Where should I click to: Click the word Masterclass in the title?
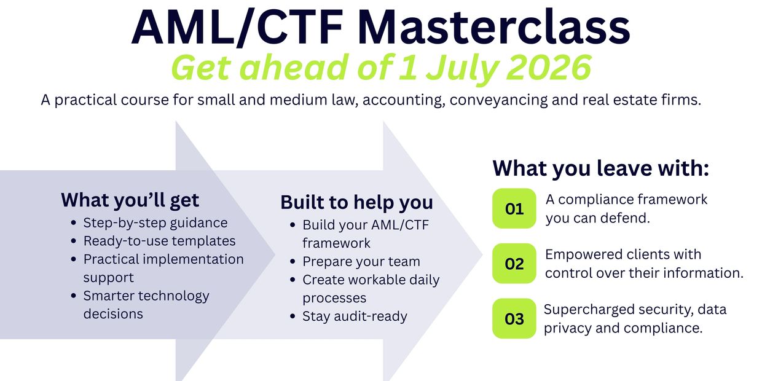pyautogui.click(x=493, y=27)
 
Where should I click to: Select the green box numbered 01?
pyautogui.click(x=514, y=208)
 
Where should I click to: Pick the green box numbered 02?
pyautogui.click(x=514, y=263)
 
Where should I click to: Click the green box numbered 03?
pyautogui.click(x=514, y=318)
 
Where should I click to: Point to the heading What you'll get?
pyautogui.click(x=130, y=200)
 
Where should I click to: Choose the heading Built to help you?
pyautogui.click(x=356, y=202)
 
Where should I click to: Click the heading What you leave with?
pyautogui.click(x=601, y=168)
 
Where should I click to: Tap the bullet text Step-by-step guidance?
pyautogui.click(x=155, y=223)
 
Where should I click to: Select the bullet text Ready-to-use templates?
pyautogui.click(x=160, y=241)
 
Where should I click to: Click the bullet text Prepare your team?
pyautogui.click(x=361, y=262)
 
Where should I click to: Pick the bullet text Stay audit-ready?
pyautogui.click(x=355, y=316)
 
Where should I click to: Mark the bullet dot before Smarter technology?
pyautogui.click(x=74, y=295)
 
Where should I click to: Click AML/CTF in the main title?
pyautogui.click(x=237, y=27)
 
